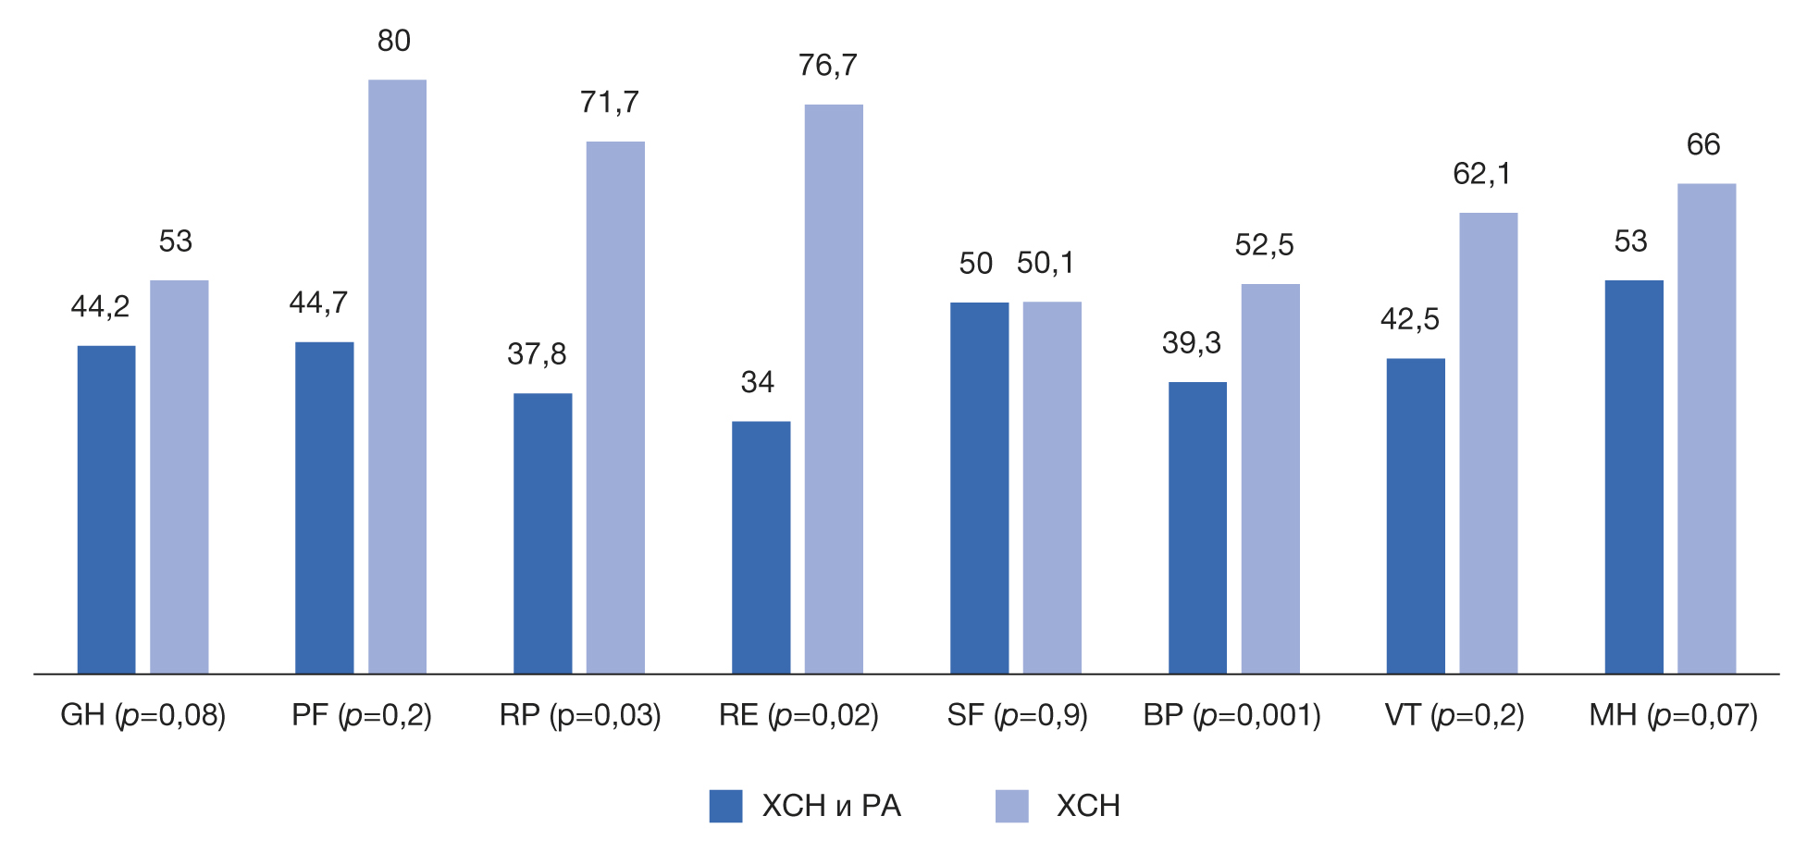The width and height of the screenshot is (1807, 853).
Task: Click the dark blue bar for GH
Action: click(x=106, y=509)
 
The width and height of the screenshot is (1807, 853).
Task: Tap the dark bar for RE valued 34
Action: click(x=761, y=547)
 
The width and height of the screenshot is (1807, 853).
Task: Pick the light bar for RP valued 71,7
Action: click(x=615, y=407)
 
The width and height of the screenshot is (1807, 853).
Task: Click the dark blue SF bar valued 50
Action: click(x=979, y=488)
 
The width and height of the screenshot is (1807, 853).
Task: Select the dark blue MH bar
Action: click(x=1633, y=476)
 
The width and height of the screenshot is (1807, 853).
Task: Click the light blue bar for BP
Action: click(x=1269, y=478)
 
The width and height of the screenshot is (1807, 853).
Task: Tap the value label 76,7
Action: click(x=827, y=66)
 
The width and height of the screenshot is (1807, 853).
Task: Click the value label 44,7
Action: click(x=318, y=303)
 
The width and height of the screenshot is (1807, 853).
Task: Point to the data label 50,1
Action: click(x=1046, y=264)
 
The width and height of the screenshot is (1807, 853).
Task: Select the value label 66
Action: click(x=1702, y=144)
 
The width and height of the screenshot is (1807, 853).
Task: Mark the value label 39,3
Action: click(x=1192, y=343)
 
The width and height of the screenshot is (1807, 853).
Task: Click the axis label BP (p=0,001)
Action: click(x=1231, y=715)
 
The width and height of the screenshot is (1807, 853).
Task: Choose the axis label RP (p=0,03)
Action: click(x=580, y=715)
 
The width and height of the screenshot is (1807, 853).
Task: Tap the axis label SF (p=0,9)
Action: click(x=1017, y=715)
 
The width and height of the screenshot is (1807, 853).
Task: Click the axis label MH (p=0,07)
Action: click(x=1673, y=715)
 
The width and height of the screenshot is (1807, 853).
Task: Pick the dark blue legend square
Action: click(x=725, y=806)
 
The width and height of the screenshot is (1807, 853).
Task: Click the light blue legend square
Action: click(x=1011, y=806)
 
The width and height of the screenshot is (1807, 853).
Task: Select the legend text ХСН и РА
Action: click(x=831, y=806)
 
